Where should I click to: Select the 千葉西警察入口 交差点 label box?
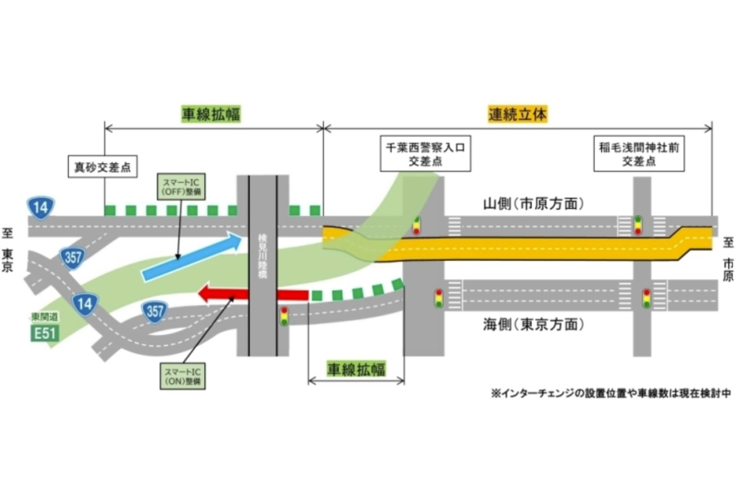point(426,154)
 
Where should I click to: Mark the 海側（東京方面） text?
point(531,325)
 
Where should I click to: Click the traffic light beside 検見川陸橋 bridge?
point(284,316)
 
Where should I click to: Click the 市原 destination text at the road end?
point(727,269)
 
